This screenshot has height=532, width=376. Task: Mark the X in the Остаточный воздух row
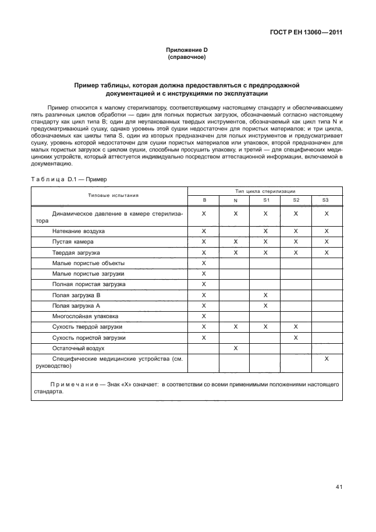coord(235,348)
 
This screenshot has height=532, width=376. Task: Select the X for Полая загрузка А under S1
coord(265,305)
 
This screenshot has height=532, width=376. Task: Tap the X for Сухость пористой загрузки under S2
coord(296,337)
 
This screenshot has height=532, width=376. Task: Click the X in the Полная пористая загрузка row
coord(204,284)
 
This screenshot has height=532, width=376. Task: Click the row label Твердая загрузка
coord(76,252)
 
